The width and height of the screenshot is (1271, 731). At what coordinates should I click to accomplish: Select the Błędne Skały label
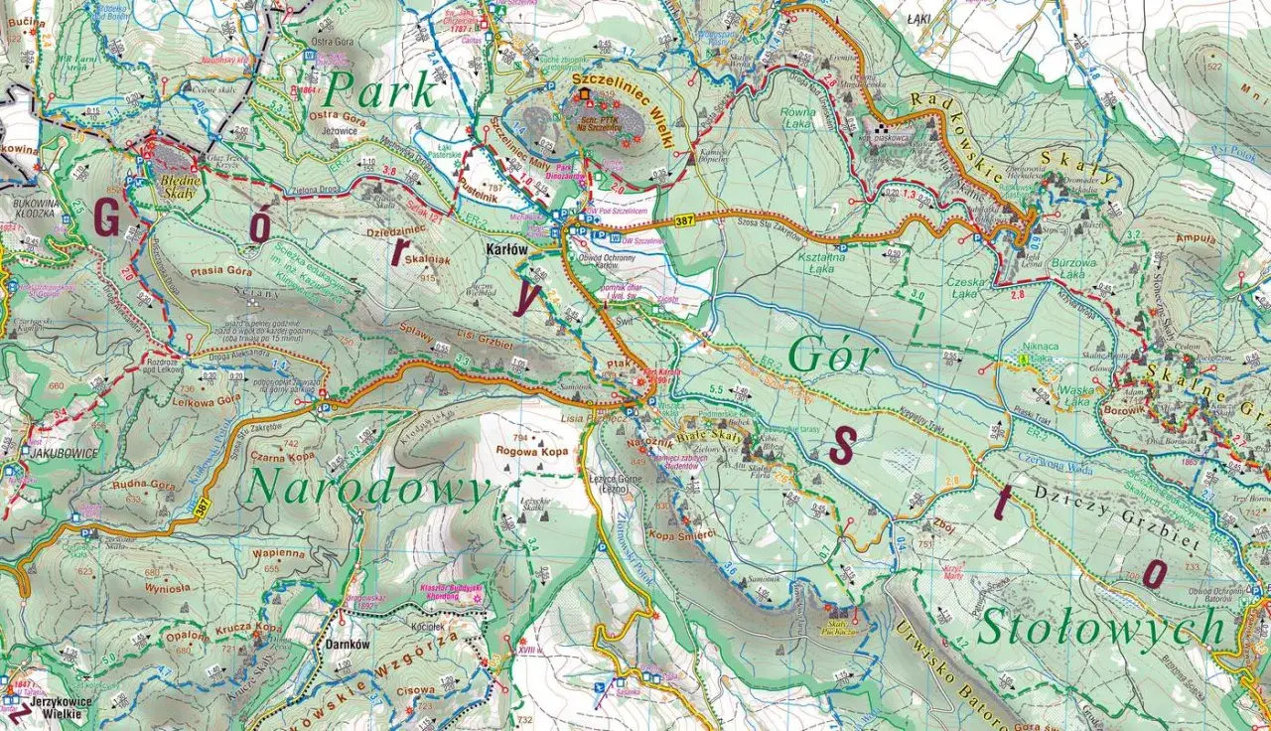pos(178,188)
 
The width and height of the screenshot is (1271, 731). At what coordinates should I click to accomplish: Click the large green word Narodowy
pos(368,489)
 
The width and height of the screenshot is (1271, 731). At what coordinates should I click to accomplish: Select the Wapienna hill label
pos(278,553)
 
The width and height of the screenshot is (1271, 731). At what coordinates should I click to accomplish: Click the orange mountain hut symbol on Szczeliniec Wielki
pos(584,95)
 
